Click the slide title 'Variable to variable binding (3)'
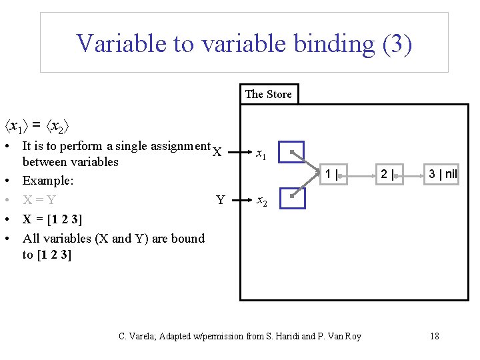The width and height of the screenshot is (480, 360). [x=244, y=43]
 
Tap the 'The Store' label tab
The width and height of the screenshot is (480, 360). [x=268, y=94]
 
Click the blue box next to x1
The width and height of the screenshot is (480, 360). [x=291, y=153]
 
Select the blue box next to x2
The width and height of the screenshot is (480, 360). [x=291, y=197]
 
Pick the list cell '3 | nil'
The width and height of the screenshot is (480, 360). [x=443, y=175]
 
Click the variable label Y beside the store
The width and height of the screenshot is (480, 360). [x=220, y=199]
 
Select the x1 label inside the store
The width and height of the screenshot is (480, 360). [x=262, y=155]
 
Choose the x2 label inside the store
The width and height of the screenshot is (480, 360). [x=262, y=201]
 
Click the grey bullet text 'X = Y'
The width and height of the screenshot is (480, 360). [x=39, y=199]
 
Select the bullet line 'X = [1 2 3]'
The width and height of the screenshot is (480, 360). [x=52, y=219]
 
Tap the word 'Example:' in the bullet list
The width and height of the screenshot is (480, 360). [x=48, y=181]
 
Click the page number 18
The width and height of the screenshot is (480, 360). [x=434, y=336]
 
